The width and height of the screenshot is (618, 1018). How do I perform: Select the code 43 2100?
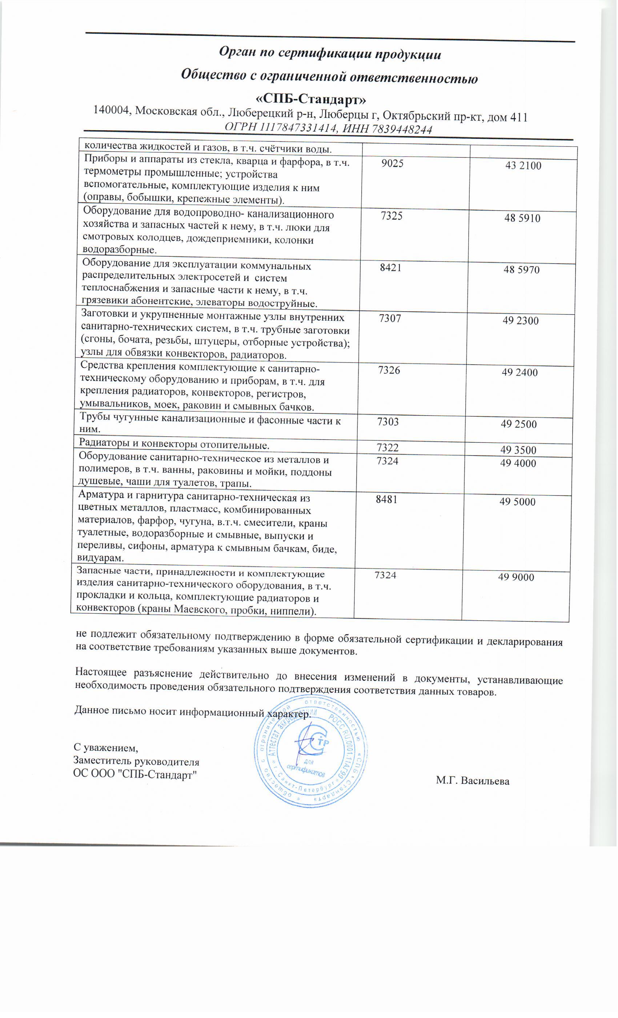pyautogui.click(x=523, y=166)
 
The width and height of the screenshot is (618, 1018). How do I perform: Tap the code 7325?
pyautogui.click(x=391, y=216)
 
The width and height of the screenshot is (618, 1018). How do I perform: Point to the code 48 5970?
pyautogui.click(x=521, y=270)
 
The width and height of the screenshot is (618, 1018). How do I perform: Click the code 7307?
pyautogui.click(x=390, y=318)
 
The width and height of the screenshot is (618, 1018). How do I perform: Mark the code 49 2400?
pyautogui.click(x=520, y=373)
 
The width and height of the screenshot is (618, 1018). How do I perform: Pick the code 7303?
pyautogui.click(x=388, y=422)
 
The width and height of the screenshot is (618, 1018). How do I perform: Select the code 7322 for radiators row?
pyautogui.click(x=388, y=448)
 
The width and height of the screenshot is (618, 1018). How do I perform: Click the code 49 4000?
pyautogui.click(x=518, y=463)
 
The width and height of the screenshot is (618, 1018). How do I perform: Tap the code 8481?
pyautogui.click(x=386, y=500)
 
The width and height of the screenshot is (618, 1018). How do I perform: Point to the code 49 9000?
pyautogui.click(x=516, y=578)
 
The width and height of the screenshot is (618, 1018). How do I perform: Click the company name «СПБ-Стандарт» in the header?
pyautogui.click(x=311, y=100)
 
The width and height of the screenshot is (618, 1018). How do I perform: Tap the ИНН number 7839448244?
pyautogui.click(x=402, y=130)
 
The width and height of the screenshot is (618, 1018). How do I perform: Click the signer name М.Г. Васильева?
pyautogui.click(x=473, y=781)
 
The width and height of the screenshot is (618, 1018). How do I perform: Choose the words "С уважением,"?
pyautogui.click(x=106, y=748)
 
